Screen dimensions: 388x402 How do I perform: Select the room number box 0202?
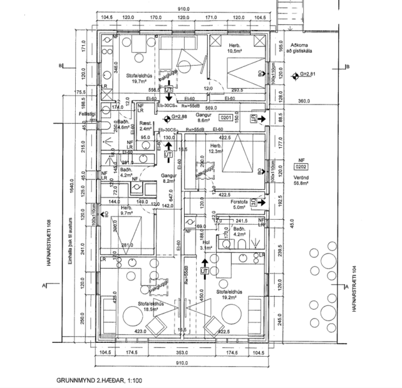pos(301,167)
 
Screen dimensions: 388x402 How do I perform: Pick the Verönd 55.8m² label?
pos(301,181)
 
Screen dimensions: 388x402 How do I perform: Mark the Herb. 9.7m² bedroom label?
pos(126,210)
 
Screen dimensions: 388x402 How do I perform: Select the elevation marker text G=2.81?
pos(307,74)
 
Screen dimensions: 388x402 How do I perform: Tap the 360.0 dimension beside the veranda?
pos(304,101)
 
